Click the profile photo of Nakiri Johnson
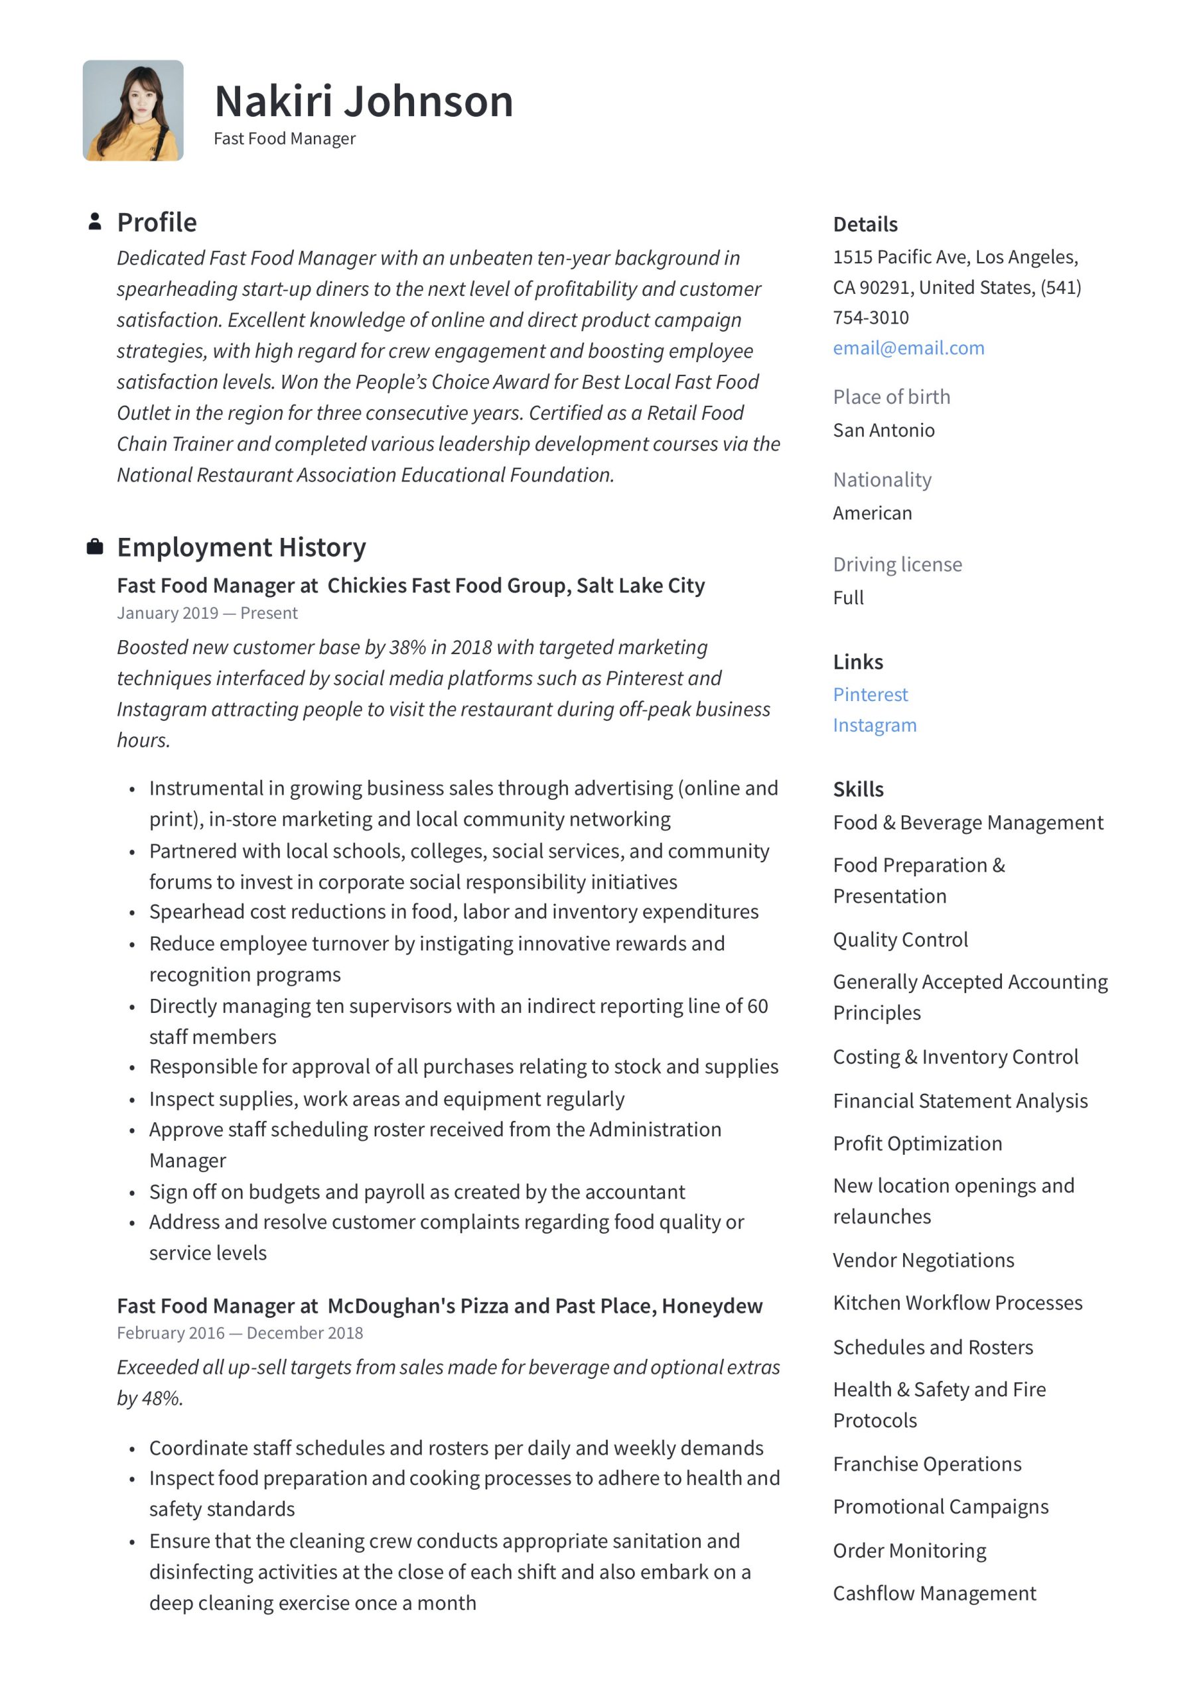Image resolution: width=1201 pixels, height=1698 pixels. point(133,110)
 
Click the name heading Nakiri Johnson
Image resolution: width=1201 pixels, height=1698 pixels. point(364,101)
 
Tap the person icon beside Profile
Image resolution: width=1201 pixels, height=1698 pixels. point(95,222)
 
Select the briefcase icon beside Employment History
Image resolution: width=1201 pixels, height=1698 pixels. point(95,547)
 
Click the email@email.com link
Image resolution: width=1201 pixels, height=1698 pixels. point(908,348)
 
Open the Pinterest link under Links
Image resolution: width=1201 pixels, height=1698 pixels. point(869,694)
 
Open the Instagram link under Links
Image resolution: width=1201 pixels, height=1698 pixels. point(874,725)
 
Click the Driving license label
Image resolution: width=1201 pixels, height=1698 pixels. point(897,564)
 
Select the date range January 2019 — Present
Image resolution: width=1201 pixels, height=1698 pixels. point(207,613)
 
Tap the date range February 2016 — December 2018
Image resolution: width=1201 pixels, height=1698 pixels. point(240,1333)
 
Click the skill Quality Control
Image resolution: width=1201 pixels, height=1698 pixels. point(900,939)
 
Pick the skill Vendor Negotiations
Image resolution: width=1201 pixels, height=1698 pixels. point(923,1260)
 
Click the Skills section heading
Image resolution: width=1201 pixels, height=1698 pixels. point(858,789)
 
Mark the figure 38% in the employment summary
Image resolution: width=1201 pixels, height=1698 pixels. point(407,647)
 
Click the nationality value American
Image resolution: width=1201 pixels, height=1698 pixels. point(872,513)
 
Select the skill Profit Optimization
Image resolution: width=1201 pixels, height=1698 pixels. point(917,1143)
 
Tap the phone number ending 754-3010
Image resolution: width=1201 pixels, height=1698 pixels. point(870,317)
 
